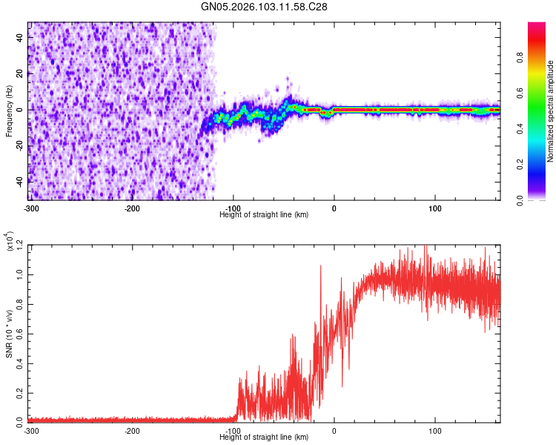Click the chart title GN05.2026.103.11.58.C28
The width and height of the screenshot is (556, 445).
point(264,7)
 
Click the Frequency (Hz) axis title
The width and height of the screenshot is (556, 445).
point(9,111)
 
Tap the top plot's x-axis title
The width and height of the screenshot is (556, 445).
point(264,214)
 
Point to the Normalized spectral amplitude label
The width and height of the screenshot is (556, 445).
point(551,111)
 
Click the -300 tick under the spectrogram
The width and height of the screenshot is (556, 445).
point(31,208)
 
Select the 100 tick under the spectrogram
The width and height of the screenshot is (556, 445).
point(435,208)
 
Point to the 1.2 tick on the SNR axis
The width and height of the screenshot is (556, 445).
point(20,245)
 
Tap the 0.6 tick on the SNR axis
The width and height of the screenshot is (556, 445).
point(20,333)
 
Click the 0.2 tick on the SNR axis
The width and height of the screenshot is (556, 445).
point(20,392)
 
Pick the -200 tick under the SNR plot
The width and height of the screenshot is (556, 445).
point(132,430)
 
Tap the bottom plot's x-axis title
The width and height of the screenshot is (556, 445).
point(264,437)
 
